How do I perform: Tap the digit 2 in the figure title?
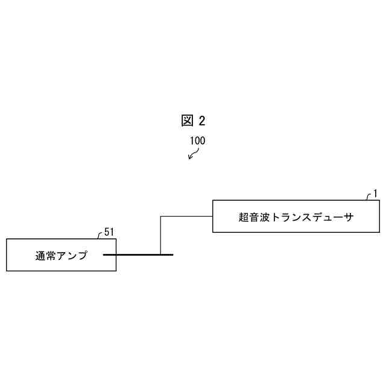(201, 121)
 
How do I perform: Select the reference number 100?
(197, 141)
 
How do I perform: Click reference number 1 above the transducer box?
(375, 193)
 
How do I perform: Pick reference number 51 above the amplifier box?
(109, 232)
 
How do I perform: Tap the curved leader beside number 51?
(100, 235)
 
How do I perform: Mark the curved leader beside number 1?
(369, 197)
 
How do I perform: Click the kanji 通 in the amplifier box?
(41, 256)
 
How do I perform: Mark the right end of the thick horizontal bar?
(172, 255)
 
